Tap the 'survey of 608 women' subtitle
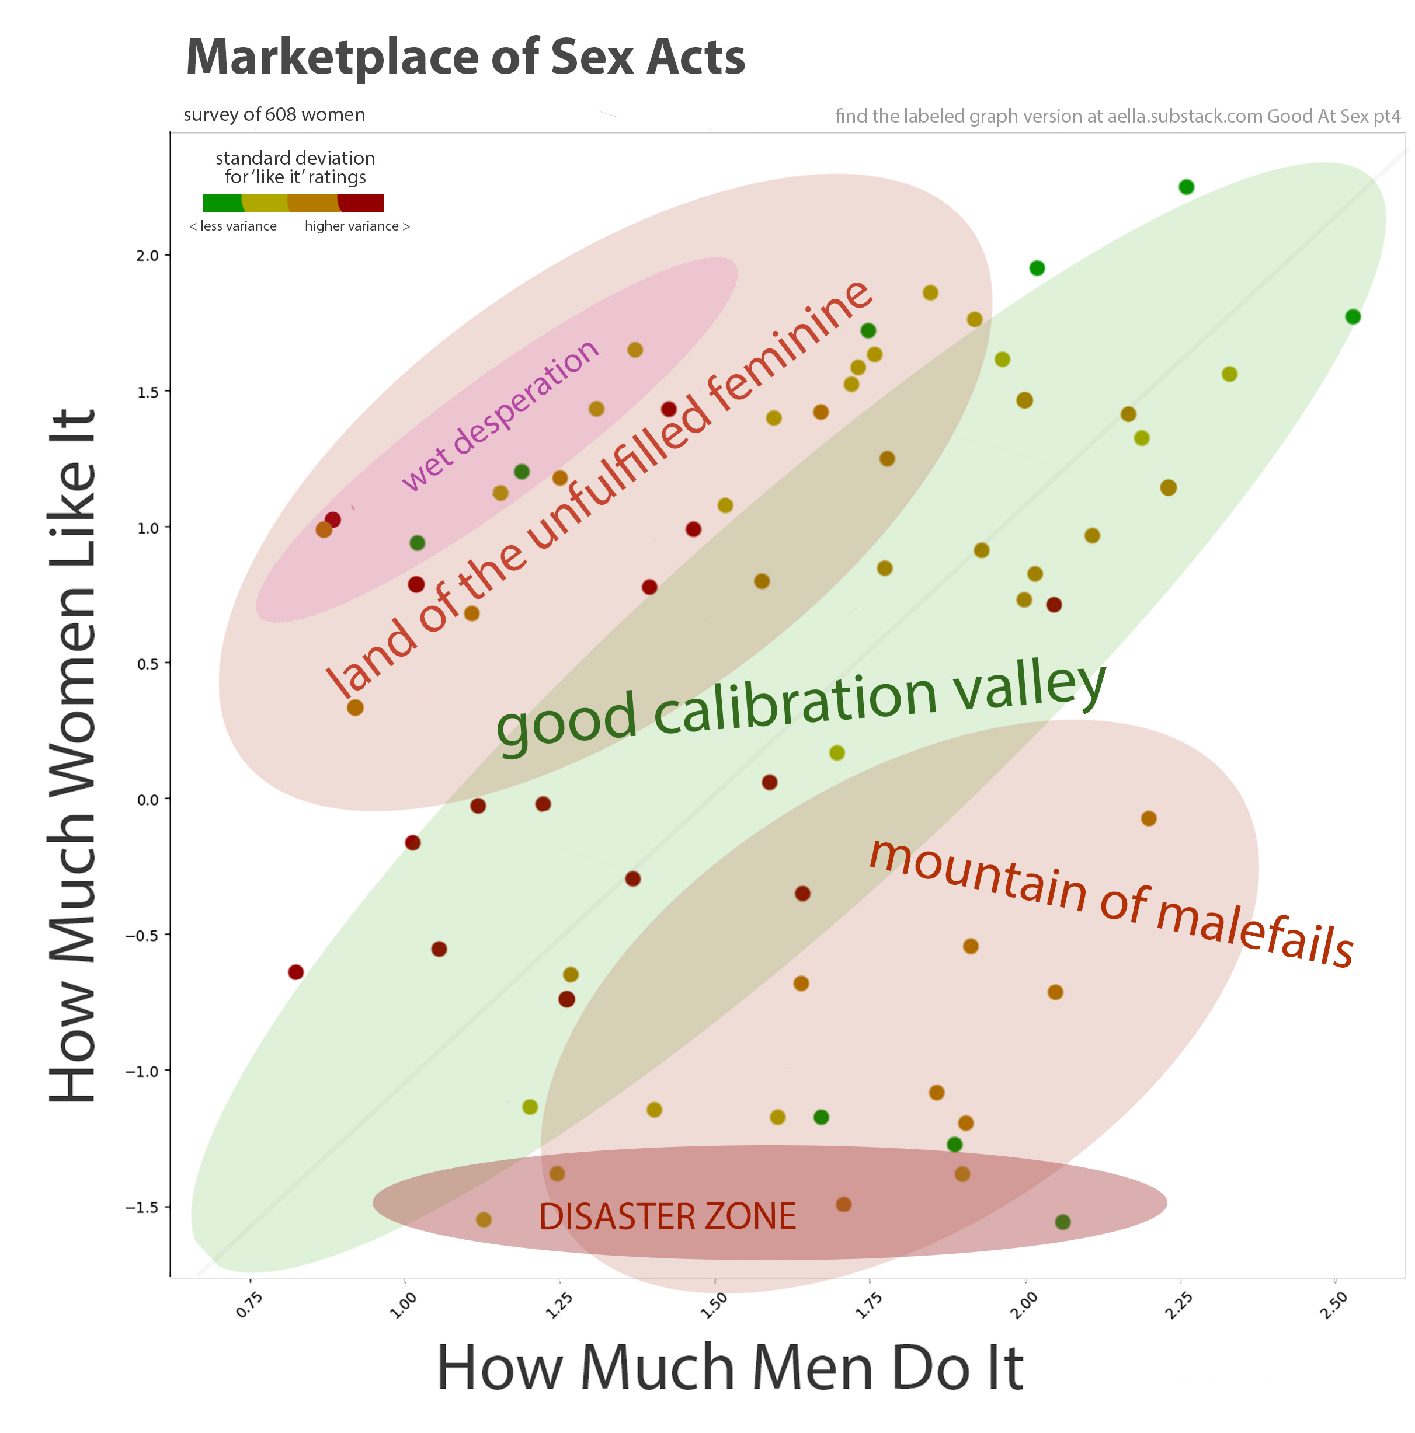[274, 115]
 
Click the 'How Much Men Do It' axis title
[729, 1367]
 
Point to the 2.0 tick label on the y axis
[148, 256]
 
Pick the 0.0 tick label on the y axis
[148, 800]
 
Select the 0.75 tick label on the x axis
[249, 1305]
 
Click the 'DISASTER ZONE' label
[667, 1217]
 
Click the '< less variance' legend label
[233, 226]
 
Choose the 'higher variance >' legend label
[357, 226]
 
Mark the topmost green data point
[1185, 187]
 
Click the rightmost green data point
[1352, 317]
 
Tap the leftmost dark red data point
[295, 972]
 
